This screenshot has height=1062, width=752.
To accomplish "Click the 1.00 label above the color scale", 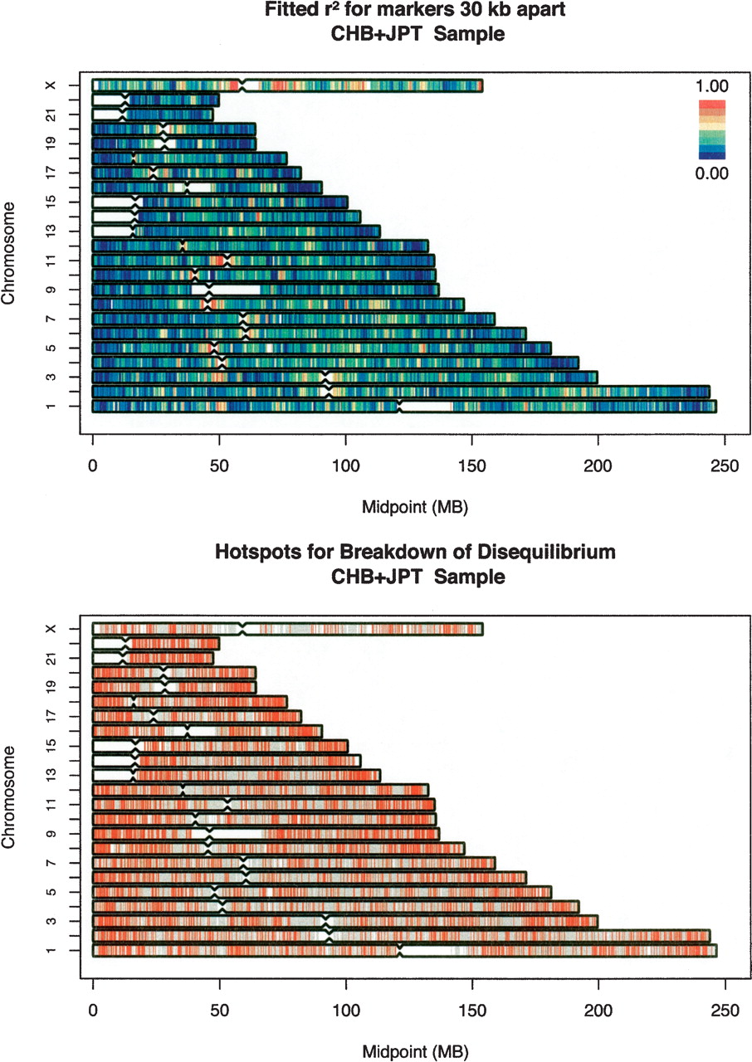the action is click(711, 86).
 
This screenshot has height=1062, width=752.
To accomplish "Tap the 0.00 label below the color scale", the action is click(711, 173).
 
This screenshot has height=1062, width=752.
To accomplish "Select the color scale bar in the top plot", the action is click(711, 129).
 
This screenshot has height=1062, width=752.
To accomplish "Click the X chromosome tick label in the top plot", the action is click(51, 85).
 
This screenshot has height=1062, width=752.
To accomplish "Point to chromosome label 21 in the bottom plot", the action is click(51, 659).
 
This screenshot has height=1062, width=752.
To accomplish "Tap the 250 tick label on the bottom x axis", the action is click(725, 1011).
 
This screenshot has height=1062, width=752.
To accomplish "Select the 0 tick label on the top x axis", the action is click(92, 466).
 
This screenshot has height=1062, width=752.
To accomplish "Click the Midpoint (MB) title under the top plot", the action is click(415, 507).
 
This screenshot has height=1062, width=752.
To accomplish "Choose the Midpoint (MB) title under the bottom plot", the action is click(415, 1051).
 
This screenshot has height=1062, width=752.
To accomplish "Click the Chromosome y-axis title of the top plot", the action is click(8, 253).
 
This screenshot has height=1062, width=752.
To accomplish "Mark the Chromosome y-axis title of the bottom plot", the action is click(8, 797).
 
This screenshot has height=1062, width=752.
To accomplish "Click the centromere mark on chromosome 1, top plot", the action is click(399, 407).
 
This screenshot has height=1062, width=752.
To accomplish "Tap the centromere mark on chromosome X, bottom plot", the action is click(242, 629).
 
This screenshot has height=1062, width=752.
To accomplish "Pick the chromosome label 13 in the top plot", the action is click(51, 231).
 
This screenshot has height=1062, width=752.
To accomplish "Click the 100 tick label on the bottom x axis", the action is click(346, 1011).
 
